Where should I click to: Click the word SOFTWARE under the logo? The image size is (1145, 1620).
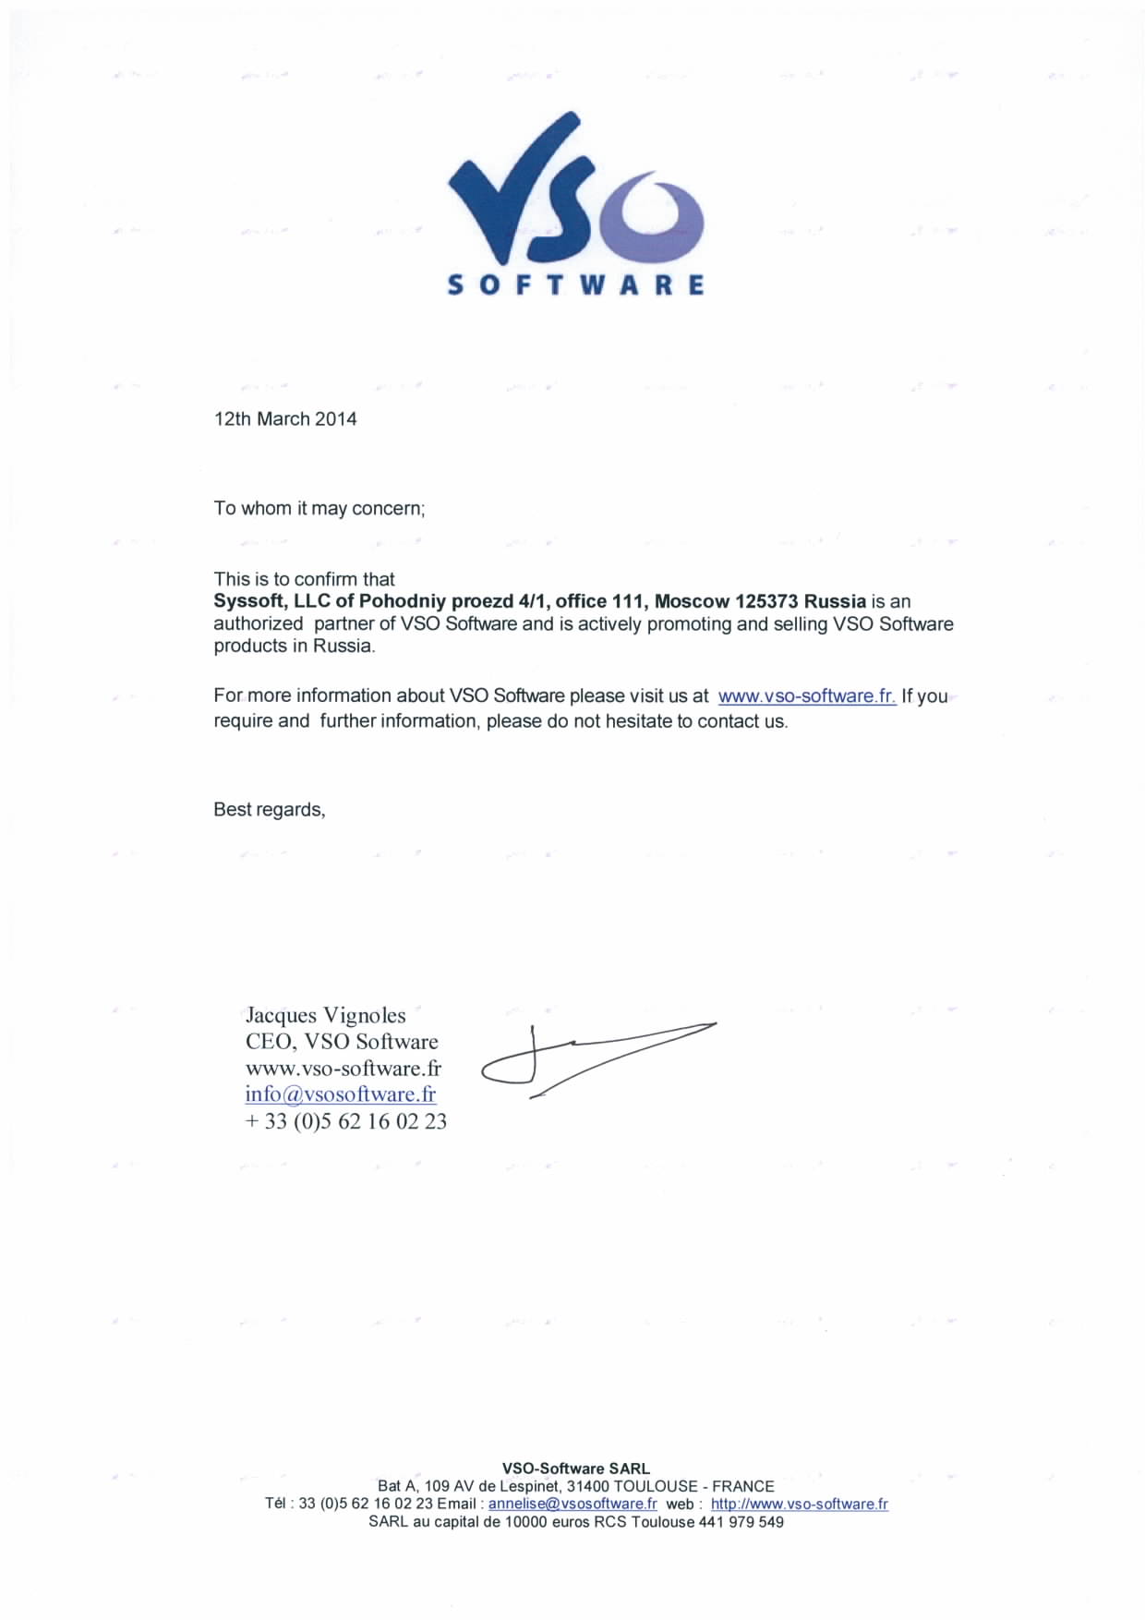(574, 284)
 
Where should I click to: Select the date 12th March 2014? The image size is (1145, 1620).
(285, 419)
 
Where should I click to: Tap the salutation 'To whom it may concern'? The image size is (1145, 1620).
(319, 509)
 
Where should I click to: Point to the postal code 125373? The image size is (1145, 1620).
(766, 601)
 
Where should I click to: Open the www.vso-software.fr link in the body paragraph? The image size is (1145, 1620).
(806, 696)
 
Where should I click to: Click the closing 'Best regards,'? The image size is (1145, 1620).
(269, 810)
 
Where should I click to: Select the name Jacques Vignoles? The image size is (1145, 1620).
(325, 1015)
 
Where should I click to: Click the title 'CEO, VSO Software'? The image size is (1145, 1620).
(341, 1042)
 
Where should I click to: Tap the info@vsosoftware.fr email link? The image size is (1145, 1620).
(340, 1094)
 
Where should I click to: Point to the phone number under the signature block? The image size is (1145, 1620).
(345, 1121)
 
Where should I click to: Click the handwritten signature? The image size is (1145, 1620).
(591, 1058)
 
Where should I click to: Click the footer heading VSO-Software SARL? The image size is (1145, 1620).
(575, 1469)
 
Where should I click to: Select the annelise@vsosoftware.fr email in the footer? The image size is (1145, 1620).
(572, 1504)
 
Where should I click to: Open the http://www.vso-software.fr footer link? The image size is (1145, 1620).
(799, 1504)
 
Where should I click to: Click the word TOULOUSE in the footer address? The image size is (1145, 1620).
(655, 1486)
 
